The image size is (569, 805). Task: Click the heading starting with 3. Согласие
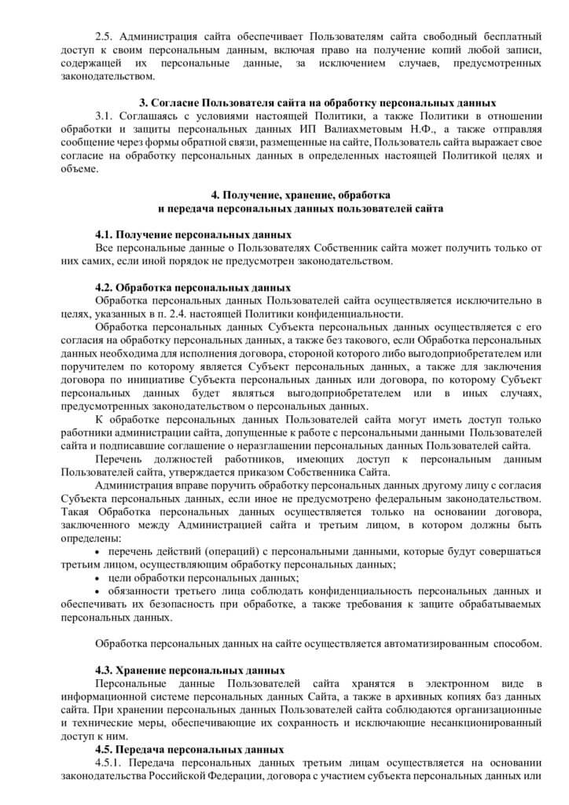318,103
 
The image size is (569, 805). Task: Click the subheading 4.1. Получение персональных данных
193,235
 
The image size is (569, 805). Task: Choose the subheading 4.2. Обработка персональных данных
193,288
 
